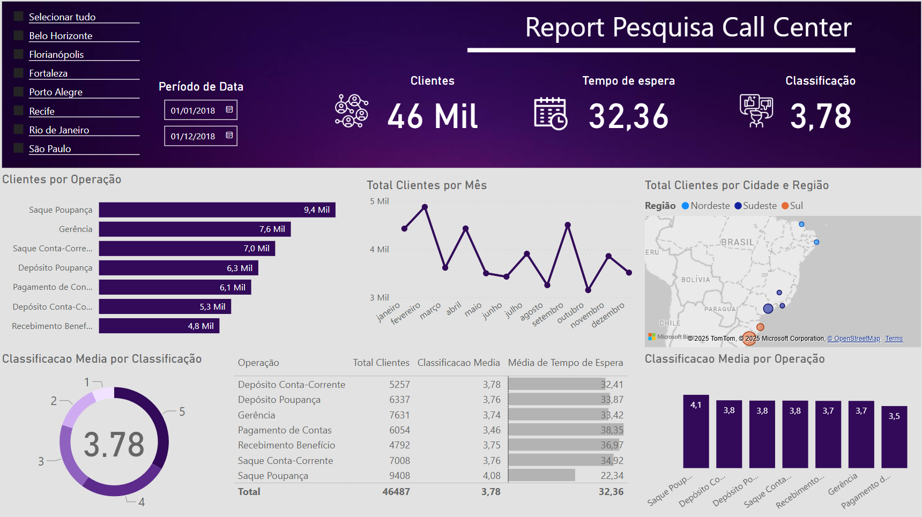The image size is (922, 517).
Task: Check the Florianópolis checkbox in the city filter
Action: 19,54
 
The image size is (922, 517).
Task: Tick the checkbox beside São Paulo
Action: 19,148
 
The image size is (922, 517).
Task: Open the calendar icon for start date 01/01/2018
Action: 229,110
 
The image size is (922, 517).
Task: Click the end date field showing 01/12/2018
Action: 193,136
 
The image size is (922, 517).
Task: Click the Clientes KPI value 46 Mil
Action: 432,116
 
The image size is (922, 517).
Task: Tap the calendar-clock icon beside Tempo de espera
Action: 551,114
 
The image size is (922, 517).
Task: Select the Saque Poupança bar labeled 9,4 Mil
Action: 217,210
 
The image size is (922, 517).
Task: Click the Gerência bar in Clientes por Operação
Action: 195,229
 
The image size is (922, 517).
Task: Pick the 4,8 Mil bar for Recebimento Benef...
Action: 159,326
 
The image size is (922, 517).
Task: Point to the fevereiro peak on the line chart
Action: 425,207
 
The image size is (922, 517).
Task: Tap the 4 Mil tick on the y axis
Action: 379,249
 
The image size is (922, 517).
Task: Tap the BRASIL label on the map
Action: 738,242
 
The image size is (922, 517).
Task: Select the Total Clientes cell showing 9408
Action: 399,476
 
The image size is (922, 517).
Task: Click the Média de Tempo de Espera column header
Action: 565,363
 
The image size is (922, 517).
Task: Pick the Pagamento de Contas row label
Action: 285,430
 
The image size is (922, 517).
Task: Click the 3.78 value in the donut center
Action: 114,444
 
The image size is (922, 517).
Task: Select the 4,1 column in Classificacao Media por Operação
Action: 696,432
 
